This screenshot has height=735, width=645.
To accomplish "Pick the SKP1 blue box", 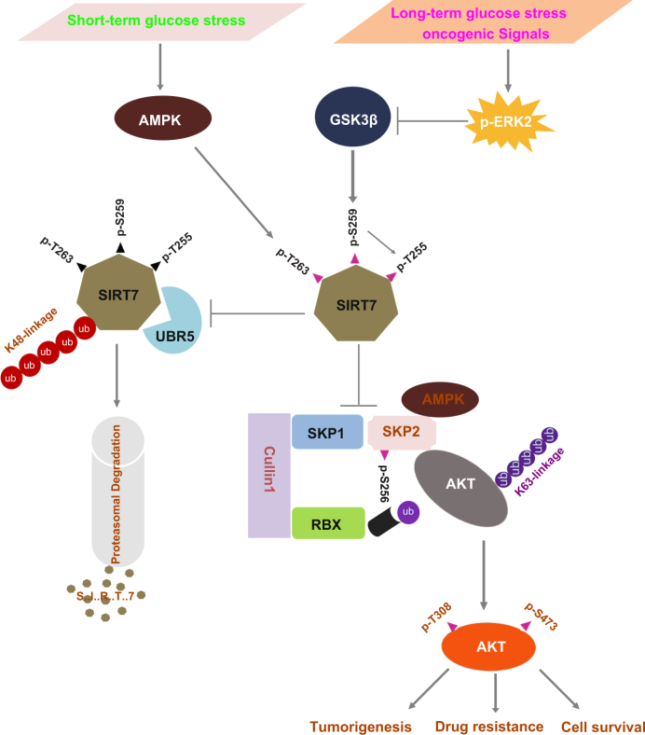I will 327,432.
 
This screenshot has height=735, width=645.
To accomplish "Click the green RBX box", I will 327,524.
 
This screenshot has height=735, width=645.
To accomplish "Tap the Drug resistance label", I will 488,725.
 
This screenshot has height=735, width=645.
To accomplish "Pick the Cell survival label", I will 603,725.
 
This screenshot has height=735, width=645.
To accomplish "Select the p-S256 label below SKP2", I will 385,485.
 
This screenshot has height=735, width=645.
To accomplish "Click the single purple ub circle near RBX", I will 408,512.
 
